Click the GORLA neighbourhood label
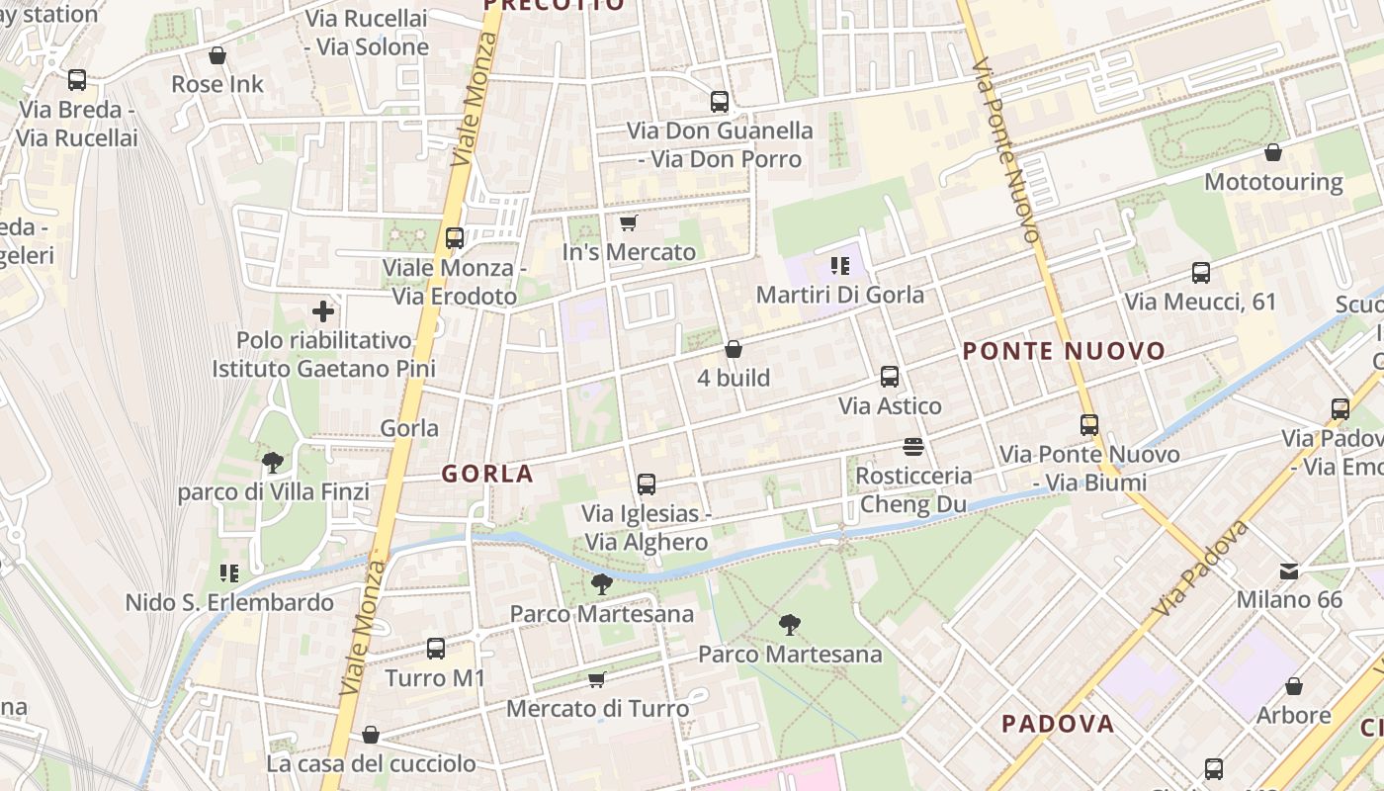[487, 474]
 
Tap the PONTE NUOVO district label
[1064, 351]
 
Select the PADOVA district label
[1058, 724]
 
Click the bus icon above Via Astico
[890, 377]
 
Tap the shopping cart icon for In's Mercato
[628, 223]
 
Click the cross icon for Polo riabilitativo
[323, 312]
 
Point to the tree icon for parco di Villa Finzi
[272, 462]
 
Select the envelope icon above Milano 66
[1289, 571]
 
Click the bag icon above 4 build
[734, 349]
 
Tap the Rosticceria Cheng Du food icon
[912, 447]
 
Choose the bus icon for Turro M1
[436, 649]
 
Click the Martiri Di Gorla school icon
[840, 265]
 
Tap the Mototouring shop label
[1273, 182]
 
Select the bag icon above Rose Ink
[217, 55]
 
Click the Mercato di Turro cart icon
[597, 679]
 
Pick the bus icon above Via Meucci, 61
[1201, 273]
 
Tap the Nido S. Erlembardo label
[229, 602]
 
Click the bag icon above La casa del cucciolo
[371, 735]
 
